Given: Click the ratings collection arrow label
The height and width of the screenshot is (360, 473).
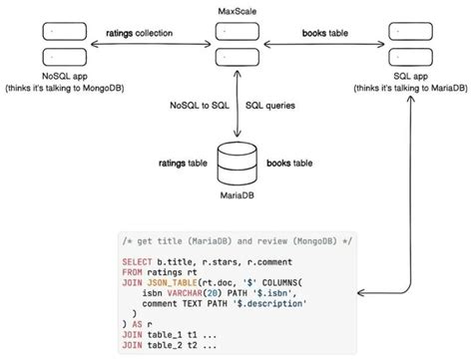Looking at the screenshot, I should (x=140, y=34).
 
